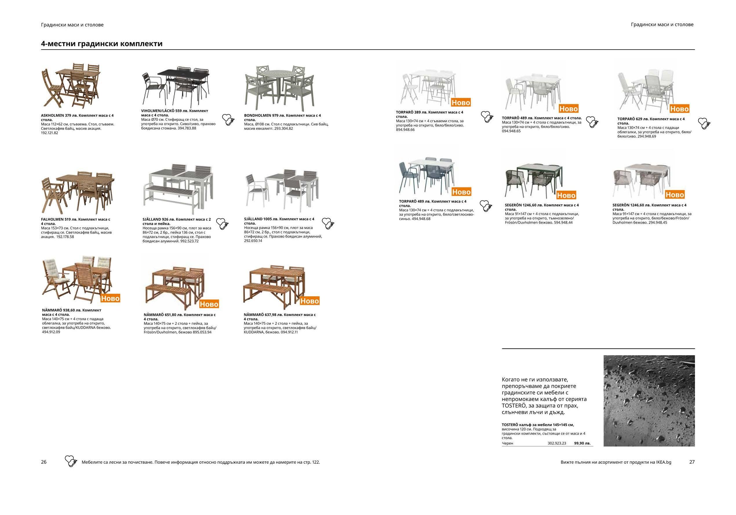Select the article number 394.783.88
pyautogui.click(x=187, y=128)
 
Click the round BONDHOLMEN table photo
pyautogui.click(x=280, y=87)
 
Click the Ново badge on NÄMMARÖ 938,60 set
pyautogui.click(x=110, y=298)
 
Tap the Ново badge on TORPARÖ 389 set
pyautogui.click(x=461, y=103)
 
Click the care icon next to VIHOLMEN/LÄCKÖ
pyautogui.click(x=228, y=120)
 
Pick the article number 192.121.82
pyautogui.click(x=50, y=133)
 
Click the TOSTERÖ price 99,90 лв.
pyautogui.click(x=582, y=443)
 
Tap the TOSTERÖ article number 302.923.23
pyautogui.click(x=557, y=443)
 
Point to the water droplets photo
pyautogui.click(x=649, y=401)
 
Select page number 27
pyautogui.click(x=692, y=462)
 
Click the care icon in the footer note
pyautogui.click(x=71, y=461)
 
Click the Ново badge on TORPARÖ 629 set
pyautogui.click(x=679, y=109)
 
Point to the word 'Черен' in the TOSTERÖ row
pyautogui.click(x=507, y=443)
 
